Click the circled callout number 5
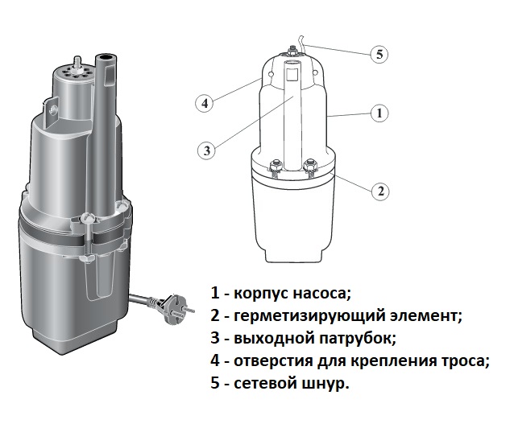click(x=379, y=54)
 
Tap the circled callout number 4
click(x=205, y=104)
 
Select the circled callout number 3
click(x=207, y=150)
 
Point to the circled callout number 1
click(x=379, y=113)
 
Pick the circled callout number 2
click(x=380, y=191)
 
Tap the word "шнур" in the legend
click(x=322, y=384)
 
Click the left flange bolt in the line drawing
click(x=275, y=167)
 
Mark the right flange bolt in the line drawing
click(x=309, y=167)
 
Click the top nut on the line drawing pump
click(x=291, y=51)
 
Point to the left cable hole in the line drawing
click(x=271, y=74)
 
